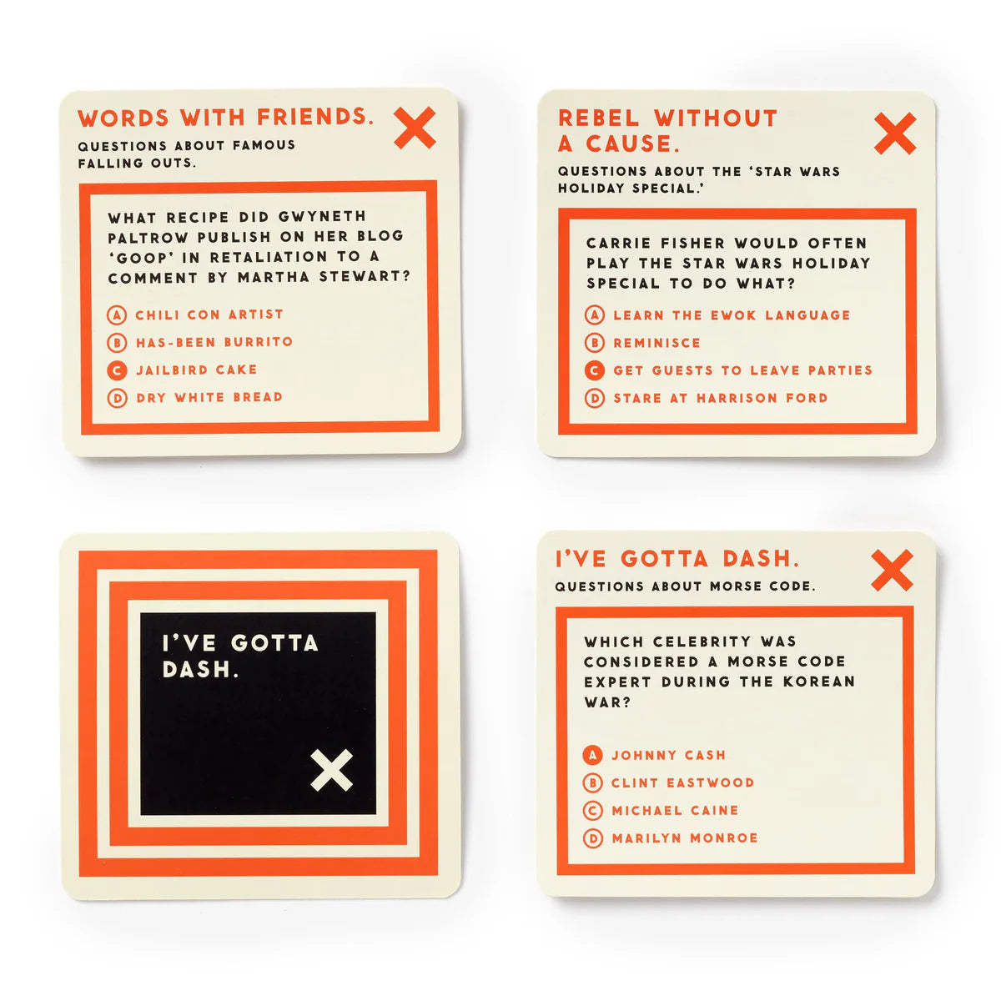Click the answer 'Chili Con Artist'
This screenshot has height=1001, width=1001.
[209, 314]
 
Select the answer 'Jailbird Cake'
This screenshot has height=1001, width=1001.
[196, 370]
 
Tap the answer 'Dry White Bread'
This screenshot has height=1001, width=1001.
[209, 397]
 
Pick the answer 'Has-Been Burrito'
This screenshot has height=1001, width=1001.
[214, 342]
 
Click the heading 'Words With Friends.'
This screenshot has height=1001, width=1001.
[225, 118]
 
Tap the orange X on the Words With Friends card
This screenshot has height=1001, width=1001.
[415, 128]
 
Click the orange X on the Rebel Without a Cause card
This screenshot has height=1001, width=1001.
[895, 133]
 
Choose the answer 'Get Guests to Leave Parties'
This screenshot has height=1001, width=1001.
[742, 370]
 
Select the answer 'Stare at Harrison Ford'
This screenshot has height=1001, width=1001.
[720, 398]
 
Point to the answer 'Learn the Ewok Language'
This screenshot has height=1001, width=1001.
[732, 315]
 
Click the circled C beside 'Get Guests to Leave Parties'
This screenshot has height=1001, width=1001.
[594, 370]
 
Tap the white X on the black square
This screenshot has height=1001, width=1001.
[332, 770]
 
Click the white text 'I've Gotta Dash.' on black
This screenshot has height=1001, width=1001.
[240, 656]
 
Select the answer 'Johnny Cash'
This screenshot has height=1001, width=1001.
[668, 755]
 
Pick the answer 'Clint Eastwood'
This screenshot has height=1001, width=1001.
[682, 782]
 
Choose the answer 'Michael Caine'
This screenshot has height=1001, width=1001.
[675, 810]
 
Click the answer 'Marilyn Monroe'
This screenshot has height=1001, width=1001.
[684, 838]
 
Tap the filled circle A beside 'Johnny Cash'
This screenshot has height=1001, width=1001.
[592, 755]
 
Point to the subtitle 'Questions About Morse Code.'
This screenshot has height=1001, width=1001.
[685, 586]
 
